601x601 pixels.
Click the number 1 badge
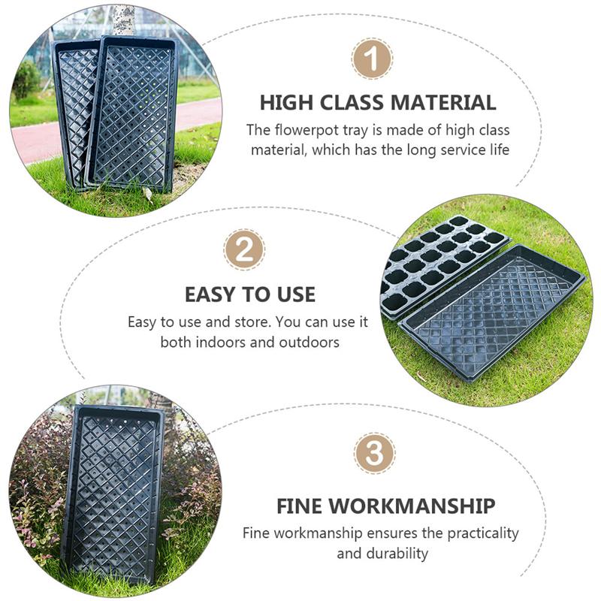coord(372,59)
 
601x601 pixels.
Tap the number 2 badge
coord(244,249)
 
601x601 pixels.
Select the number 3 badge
coord(374,453)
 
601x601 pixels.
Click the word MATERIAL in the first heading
coord(443,102)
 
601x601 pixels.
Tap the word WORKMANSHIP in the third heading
coord(412,506)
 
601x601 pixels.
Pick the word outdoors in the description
coord(309,342)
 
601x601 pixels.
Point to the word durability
coord(397,554)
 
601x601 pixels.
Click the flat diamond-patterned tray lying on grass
coord(493,313)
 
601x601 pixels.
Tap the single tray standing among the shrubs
coord(113,494)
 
